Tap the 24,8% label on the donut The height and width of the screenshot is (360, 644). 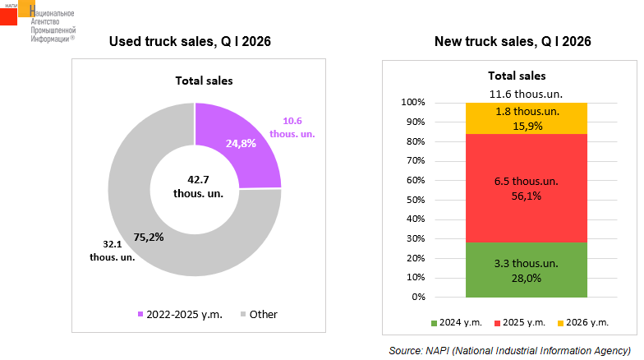[241, 143]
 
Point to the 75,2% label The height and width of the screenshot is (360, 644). [149, 238]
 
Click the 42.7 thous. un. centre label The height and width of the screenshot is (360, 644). [195, 186]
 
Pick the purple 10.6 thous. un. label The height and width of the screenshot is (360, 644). [293, 127]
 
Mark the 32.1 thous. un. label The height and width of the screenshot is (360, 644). [112, 251]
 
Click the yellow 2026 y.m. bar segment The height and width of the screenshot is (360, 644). [526, 118]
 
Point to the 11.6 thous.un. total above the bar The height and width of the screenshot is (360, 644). [526, 94]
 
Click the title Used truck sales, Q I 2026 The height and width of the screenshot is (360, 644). [190, 41]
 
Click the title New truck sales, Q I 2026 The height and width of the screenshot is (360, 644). [513, 41]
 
